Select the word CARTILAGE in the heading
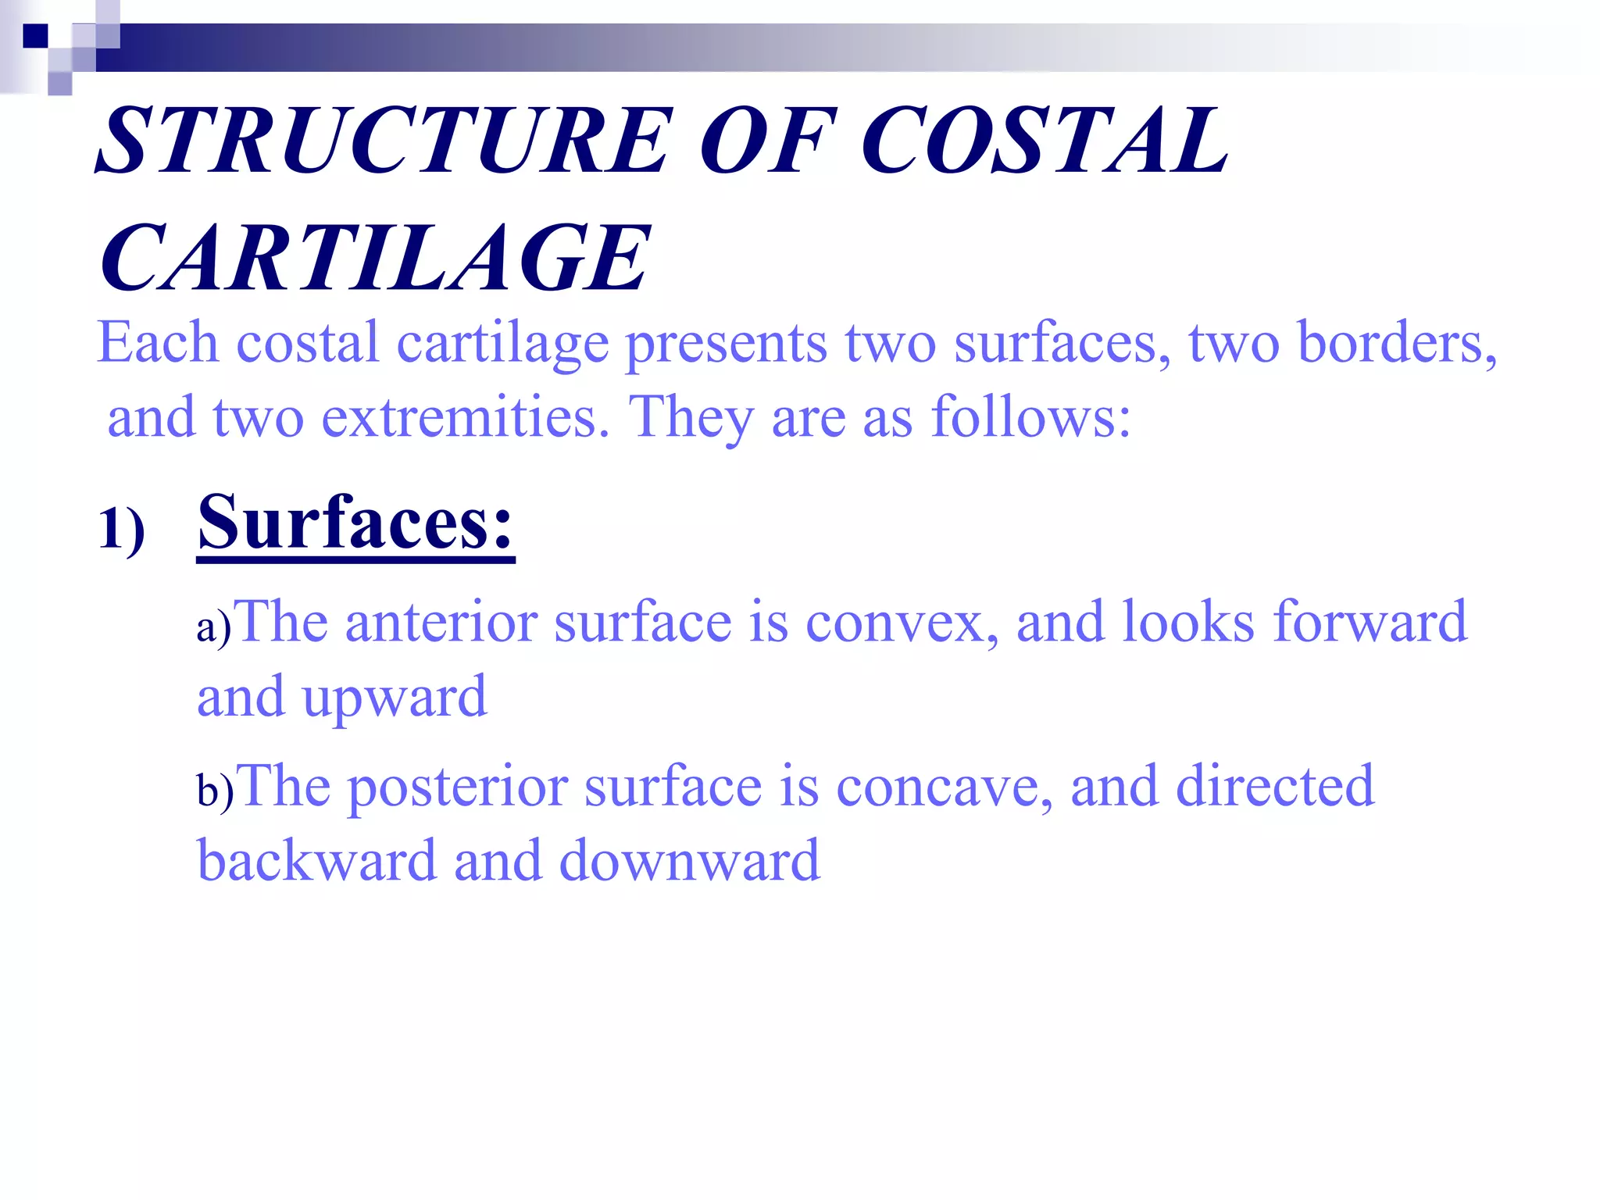(375, 258)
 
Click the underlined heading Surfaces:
(355, 523)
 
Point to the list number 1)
(122, 530)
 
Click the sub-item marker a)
(213, 627)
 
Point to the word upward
(395, 698)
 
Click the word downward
(689, 861)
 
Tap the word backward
(316, 861)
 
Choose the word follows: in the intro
(1030, 417)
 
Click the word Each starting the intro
(157, 343)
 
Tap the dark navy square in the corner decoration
(35, 36)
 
